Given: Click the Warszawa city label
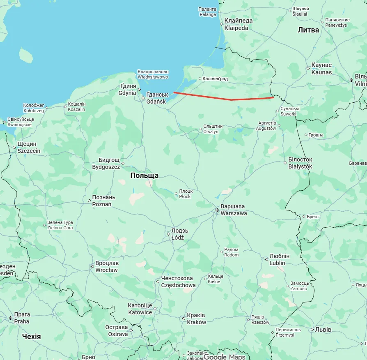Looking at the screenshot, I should [234, 210].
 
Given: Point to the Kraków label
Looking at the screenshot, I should [196, 319].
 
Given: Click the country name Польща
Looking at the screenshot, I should [144, 175].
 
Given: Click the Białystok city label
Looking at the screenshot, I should [300, 163].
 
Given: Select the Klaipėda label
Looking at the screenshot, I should [238, 24].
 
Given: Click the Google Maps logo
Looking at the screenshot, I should [224, 357].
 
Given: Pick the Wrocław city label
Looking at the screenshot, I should [107, 267].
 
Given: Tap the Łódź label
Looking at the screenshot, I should [180, 234].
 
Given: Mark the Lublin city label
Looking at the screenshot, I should [279, 260].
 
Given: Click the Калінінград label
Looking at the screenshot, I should [215, 78].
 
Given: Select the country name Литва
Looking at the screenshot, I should [308, 30].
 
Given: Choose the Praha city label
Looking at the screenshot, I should [21, 318].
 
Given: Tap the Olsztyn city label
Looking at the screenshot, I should [213, 129].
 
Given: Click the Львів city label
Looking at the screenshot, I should [320, 330].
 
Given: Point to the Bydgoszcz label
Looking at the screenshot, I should [106, 164].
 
